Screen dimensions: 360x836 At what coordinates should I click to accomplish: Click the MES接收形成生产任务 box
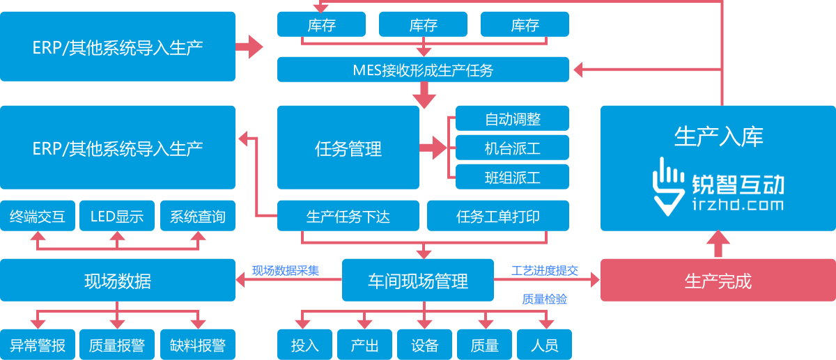coord(423,70)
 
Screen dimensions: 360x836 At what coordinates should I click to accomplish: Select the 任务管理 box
coord(348,148)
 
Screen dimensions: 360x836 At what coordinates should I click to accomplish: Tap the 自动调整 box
coord(512,118)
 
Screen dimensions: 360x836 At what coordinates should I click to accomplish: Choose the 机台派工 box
coord(512,148)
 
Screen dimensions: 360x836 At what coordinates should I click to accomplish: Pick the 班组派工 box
coord(512,177)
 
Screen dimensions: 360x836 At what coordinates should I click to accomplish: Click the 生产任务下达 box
coord(348,216)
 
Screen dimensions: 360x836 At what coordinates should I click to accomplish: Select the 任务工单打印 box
coord(497,216)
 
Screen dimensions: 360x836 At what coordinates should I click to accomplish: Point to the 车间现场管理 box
coord(417,281)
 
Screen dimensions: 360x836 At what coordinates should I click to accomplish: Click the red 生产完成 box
coord(718,281)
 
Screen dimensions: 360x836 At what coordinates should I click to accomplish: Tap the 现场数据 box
coord(117,281)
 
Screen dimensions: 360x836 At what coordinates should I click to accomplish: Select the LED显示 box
coord(117,217)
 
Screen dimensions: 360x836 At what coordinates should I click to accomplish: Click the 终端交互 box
coord(37,217)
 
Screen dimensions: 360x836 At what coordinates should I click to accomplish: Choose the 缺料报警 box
coord(197,345)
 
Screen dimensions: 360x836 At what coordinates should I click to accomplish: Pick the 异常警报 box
coord(37,345)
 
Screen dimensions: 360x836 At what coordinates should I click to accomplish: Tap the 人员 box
coord(544,345)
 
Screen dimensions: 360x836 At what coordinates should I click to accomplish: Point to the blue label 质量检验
coord(544,299)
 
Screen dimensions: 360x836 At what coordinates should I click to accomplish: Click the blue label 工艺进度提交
coord(544,270)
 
